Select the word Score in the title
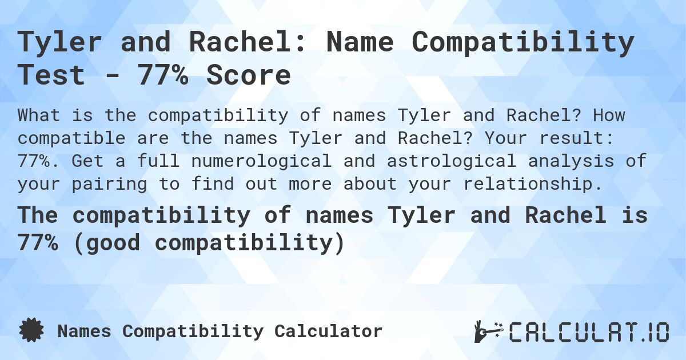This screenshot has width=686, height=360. point(248,75)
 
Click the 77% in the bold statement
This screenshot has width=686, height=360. point(38,243)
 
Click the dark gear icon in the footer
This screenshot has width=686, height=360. point(31,331)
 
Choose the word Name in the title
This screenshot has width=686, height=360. point(365,42)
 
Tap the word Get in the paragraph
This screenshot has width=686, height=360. point(93,161)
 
